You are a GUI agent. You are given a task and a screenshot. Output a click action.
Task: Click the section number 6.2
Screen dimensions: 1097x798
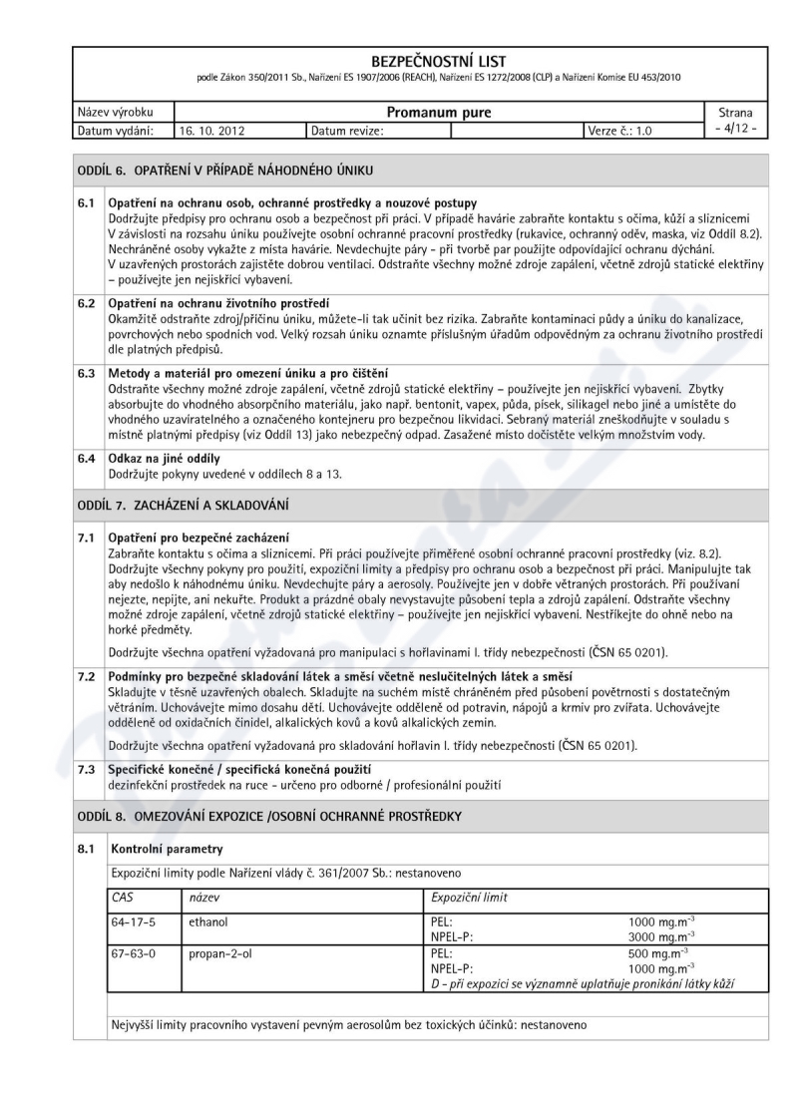[88, 303]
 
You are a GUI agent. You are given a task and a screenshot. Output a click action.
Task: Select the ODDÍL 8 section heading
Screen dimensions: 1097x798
[269, 818]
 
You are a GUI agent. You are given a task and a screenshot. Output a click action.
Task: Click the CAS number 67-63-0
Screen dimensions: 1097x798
[130, 954]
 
